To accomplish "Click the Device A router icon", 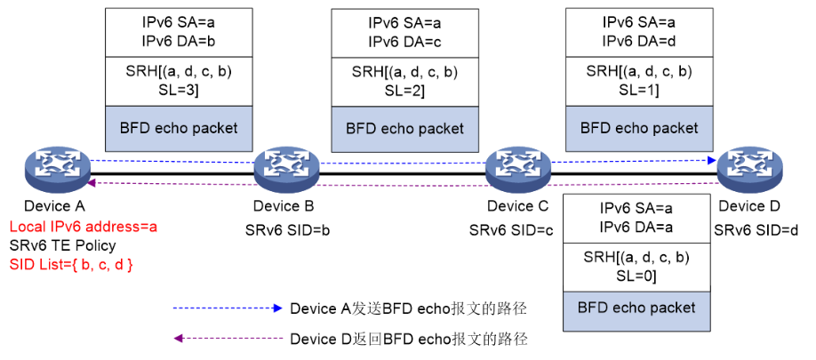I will point(57,168).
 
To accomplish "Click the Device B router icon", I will point(286,168).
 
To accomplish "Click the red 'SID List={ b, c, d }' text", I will point(71,264).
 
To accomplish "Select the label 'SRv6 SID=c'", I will point(516,229).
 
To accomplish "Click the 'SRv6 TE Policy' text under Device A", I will point(62,245).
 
